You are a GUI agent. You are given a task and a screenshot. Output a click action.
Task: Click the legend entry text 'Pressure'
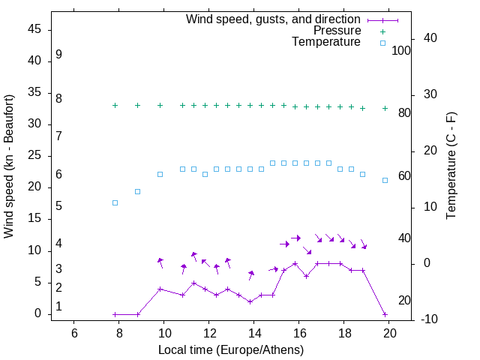pos(337,31)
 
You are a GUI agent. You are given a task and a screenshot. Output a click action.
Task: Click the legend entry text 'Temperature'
pos(326,43)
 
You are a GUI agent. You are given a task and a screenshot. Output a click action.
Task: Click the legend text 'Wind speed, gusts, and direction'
pos(274,19)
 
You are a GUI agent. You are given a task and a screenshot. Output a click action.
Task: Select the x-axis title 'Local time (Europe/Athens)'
pos(231,350)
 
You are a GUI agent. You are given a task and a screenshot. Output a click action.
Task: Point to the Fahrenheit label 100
pos(402,51)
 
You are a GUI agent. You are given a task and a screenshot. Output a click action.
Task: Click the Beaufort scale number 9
pos(58,55)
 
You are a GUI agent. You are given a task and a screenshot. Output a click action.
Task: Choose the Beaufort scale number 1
pos(58,306)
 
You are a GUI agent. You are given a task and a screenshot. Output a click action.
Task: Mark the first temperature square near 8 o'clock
pos(115,202)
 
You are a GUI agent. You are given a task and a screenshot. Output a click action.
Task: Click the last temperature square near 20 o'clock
pos(385,180)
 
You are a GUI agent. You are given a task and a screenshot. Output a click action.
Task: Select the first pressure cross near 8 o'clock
pos(115,105)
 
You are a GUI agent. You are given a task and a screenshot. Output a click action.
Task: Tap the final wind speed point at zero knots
pos(385,314)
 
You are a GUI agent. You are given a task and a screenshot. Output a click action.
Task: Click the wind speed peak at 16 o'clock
pos(295,264)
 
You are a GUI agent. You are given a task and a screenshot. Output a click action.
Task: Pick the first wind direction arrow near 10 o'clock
pos(160,262)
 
